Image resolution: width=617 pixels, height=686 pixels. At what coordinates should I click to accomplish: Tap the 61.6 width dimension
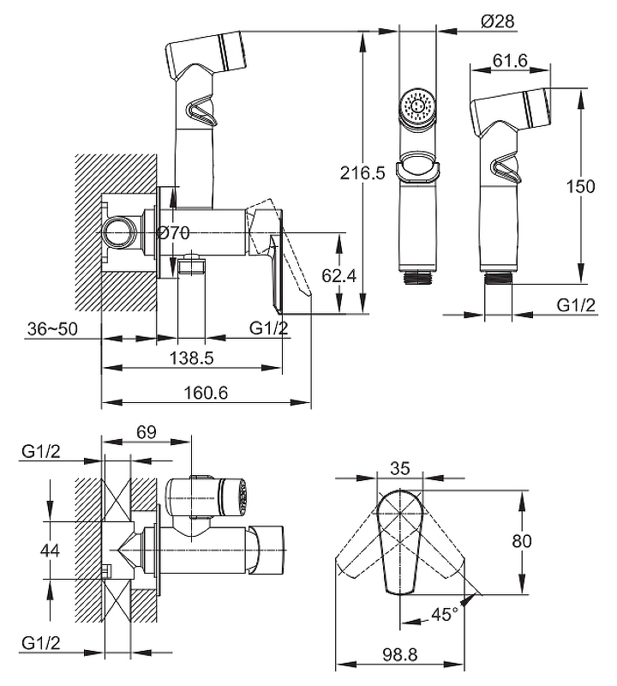pyautogui.click(x=497, y=61)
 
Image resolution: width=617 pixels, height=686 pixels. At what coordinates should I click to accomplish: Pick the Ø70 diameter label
pyautogui.click(x=174, y=232)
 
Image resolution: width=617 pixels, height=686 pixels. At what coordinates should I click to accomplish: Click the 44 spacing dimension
pyautogui.click(x=51, y=550)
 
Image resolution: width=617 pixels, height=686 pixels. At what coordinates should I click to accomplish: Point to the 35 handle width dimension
pyautogui.click(x=399, y=468)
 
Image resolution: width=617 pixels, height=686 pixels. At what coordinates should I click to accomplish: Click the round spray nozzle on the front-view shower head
pyautogui.click(x=417, y=106)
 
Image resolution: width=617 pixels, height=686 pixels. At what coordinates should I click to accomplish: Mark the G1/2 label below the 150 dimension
pyautogui.click(x=576, y=305)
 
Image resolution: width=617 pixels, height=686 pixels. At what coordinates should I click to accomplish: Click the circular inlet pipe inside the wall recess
pyautogui.click(x=118, y=233)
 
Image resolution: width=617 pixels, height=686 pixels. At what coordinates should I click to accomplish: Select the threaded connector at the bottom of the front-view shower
pyautogui.click(x=417, y=278)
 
